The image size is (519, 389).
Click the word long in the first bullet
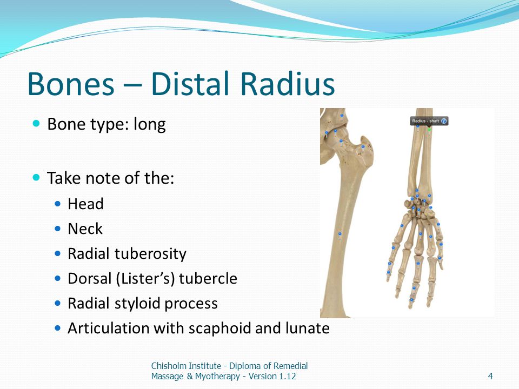149,125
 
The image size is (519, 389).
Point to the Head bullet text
85,204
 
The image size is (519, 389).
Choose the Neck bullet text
85,229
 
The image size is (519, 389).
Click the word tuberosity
150,254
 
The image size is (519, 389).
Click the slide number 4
490,376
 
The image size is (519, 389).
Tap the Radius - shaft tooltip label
425,121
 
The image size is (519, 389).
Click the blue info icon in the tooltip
444,121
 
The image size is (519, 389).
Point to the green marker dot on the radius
429,129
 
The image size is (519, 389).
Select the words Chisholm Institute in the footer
186,366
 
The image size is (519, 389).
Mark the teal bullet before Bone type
36,124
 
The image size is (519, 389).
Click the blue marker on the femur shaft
340,234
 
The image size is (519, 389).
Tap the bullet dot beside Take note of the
36,177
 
